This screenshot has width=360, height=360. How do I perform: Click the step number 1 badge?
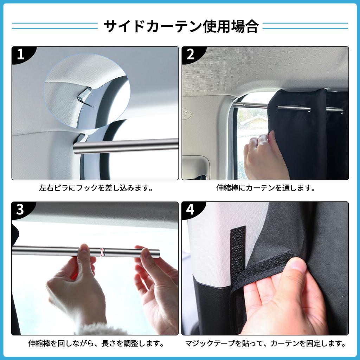[x=20, y=54]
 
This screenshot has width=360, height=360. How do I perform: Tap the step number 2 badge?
[x=191, y=54]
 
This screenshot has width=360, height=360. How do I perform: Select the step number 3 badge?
[x=20, y=210]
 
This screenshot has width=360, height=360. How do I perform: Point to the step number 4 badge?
[x=190, y=210]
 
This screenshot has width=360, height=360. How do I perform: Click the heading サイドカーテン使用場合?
[x=180, y=26]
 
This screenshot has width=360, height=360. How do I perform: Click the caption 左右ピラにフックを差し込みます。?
[x=96, y=188]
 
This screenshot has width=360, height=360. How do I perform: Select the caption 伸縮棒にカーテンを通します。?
[x=265, y=188]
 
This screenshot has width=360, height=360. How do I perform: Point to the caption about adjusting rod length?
[x=96, y=343]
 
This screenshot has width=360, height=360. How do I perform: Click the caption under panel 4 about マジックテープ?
[x=265, y=343]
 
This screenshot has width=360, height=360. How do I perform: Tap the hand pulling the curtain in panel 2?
[x=264, y=155]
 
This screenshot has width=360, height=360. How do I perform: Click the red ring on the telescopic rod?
[x=103, y=252]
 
